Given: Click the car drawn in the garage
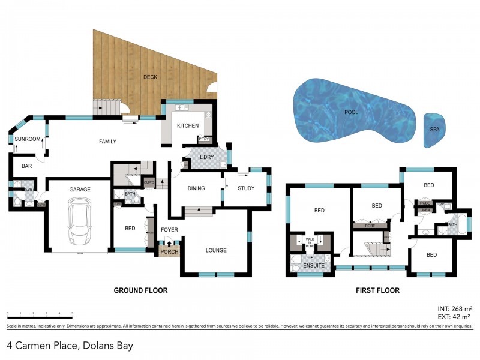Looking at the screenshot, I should click(x=80, y=222).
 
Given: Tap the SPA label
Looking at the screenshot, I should click(x=434, y=129).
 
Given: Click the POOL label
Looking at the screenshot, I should click(x=351, y=112).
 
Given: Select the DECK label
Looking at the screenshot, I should click(x=149, y=77).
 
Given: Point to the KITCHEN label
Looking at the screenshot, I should click(x=187, y=126).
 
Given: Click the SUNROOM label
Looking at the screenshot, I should click(x=28, y=139).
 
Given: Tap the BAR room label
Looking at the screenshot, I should click(x=26, y=165).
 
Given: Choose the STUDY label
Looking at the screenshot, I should click(x=246, y=188).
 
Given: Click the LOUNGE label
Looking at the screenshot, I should click(x=215, y=250).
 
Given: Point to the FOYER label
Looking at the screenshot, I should click(x=169, y=229).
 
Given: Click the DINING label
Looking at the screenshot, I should click(x=196, y=188).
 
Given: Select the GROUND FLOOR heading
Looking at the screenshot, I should click(x=140, y=290).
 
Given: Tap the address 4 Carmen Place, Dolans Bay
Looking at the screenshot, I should click(x=70, y=346).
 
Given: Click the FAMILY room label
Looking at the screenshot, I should click(x=107, y=142).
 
